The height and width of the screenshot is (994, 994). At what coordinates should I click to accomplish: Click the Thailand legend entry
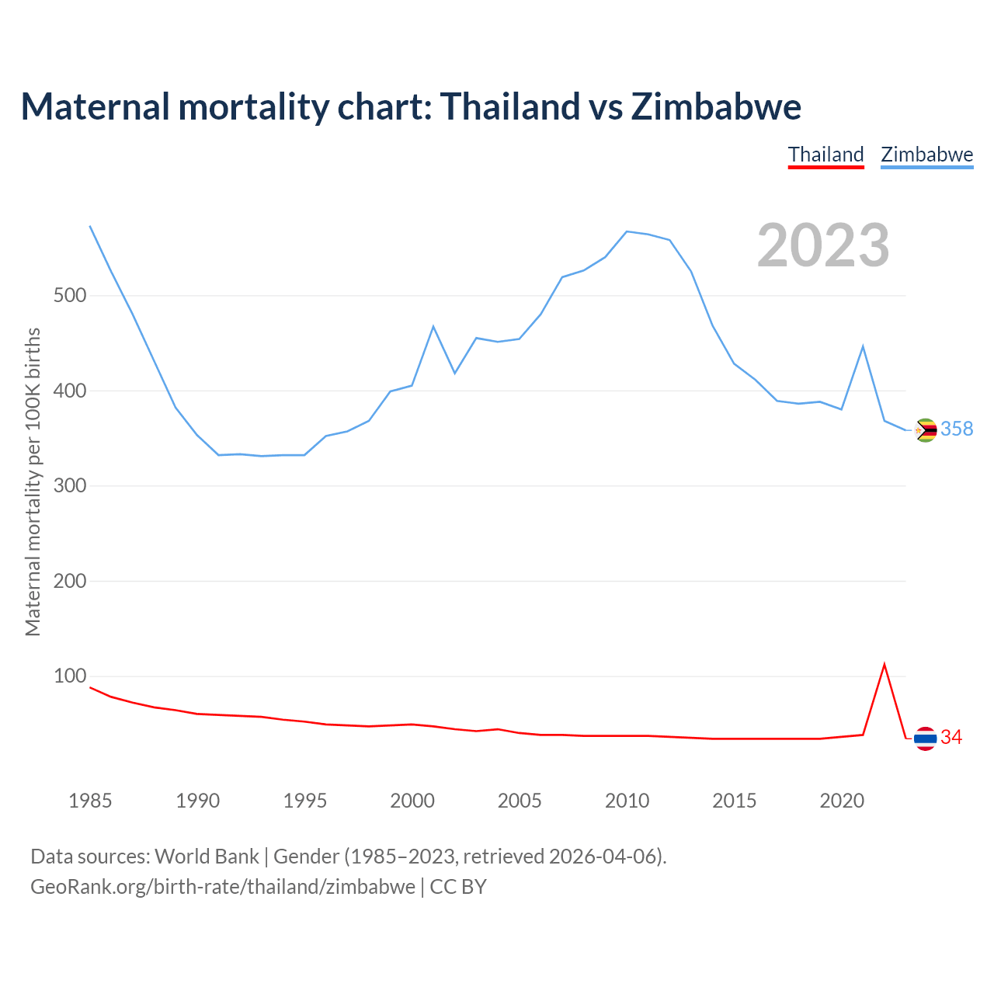pos(825,155)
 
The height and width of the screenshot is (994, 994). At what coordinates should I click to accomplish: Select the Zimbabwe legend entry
pos(926,155)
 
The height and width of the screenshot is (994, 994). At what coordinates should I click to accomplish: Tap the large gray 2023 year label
pos(823,245)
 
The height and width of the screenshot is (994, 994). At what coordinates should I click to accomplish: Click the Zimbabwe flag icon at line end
pos(926,430)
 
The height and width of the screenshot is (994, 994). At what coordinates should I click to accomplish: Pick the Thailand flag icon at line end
pos(925,739)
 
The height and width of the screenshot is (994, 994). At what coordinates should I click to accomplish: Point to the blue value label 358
pos(957,429)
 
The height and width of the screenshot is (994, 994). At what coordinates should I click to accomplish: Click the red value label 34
pos(951,738)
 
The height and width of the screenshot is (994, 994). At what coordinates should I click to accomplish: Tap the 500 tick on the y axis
pos(69,296)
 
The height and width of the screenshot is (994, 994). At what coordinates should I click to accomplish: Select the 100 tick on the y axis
pos(69,676)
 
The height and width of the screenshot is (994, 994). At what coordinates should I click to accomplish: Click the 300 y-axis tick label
pos(69,486)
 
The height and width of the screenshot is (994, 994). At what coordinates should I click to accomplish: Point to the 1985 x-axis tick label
pos(91,801)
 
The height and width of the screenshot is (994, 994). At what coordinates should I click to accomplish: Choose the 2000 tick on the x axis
pos(412,801)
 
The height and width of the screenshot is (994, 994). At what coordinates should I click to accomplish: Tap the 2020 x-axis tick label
pos(842,801)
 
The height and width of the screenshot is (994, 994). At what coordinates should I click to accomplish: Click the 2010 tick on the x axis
pos(627,801)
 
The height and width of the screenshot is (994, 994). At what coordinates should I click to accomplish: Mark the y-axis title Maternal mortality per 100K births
pos(33,481)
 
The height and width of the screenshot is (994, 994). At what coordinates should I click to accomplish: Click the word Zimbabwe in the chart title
pos(716,106)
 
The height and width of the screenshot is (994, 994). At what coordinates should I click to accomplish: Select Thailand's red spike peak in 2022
pos(885,665)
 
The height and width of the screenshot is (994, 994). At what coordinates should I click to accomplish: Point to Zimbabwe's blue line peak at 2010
pos(627,231)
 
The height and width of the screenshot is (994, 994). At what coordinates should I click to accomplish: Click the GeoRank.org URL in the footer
pos(223,887)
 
